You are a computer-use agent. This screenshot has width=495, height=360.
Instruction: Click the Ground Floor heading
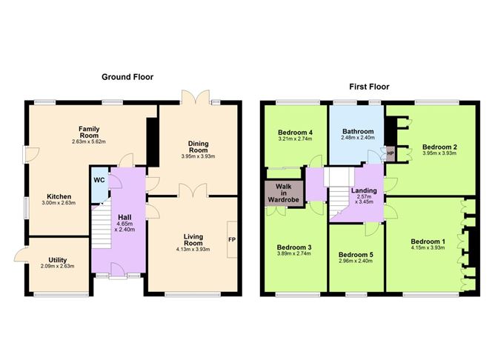(x=127, y=77)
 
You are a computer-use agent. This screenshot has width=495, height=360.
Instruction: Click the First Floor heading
(x=369, y=87)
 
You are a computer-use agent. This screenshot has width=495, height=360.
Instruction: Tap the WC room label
(x=99, y=180)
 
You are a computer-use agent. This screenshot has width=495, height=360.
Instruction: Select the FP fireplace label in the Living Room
(x=232, y=240)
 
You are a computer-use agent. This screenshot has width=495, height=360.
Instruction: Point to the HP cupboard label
(x=391, y=153)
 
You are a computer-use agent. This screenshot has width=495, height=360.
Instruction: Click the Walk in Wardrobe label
(x=284, y=193)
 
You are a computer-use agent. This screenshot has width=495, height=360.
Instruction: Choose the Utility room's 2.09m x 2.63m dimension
(x=58, y=266)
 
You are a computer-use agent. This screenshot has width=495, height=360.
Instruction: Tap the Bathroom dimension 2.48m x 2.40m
(x=358, y=138)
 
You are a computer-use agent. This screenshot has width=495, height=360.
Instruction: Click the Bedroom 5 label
(x=356, y=255)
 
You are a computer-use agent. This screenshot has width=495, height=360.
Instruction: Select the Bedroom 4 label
(x=295, y=133)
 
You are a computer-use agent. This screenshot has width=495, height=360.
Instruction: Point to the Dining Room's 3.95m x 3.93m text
(x=199, y=156)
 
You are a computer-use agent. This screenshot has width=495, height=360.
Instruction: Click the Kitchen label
(x=59, y=196)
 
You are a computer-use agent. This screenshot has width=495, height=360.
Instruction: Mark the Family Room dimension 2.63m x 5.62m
(x=89, y=142)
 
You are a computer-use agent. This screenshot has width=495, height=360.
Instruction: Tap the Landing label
(x=364, y=190)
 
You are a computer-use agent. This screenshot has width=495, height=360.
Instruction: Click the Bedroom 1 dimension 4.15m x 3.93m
(x=428, y=248)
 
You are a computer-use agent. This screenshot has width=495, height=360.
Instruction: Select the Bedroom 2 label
(x=439, y=147)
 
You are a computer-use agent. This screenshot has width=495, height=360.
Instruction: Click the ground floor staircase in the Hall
(x=102, y=226)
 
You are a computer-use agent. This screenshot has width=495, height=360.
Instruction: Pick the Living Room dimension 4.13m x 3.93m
(x=193, y=250)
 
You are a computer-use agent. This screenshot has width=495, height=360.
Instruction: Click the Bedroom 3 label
(x=294, y=247)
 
